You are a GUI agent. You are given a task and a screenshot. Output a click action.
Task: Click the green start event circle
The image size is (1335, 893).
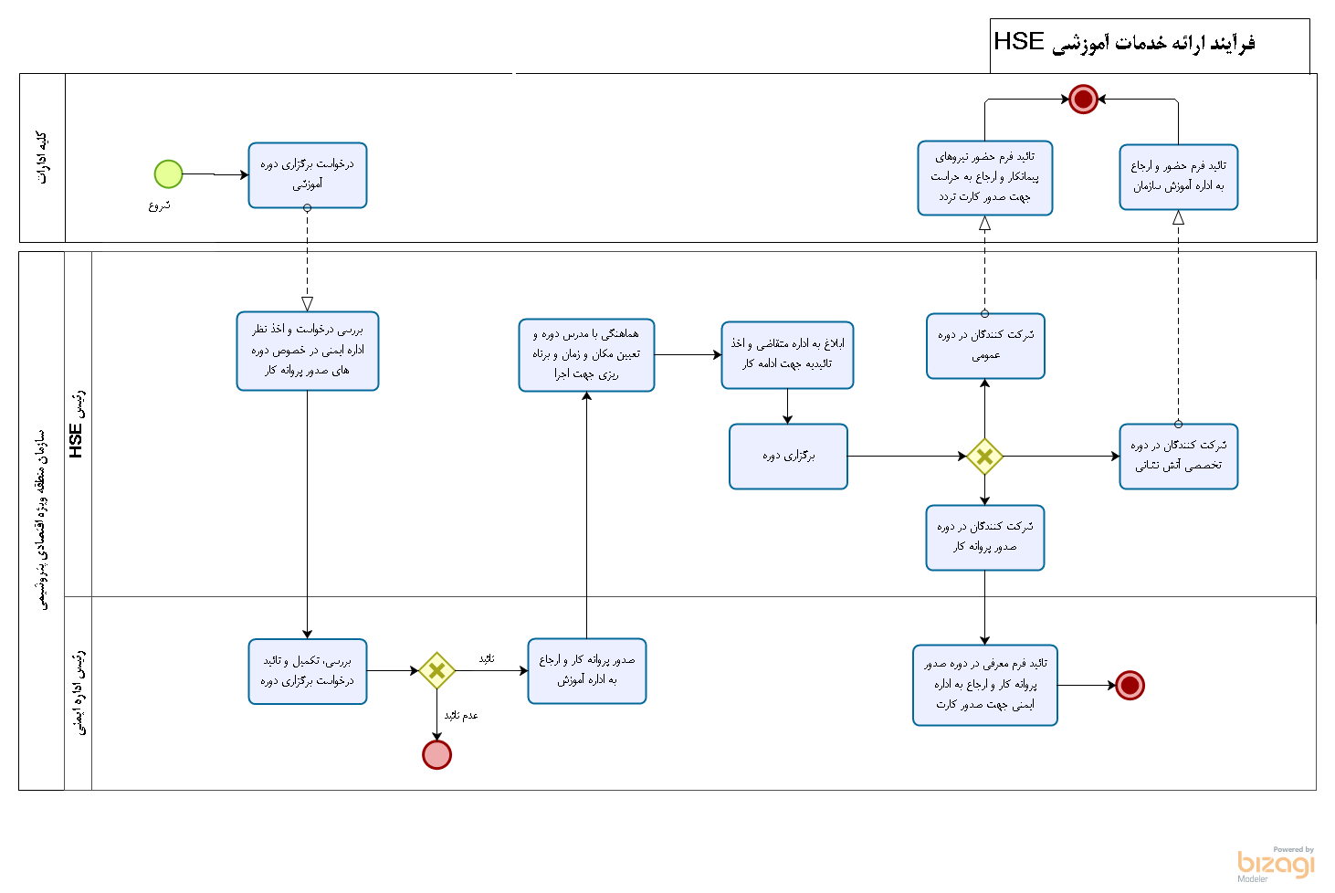pos(168,173)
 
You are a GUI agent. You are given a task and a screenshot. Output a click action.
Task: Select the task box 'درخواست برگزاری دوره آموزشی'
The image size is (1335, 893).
pos(308,175)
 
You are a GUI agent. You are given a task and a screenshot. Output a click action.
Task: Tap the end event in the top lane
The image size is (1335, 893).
pos(1083,99)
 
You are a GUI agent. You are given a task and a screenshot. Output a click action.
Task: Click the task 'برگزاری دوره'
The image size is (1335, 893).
pos(788,457)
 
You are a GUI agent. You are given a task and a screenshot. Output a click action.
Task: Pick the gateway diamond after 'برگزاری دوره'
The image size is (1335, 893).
pos(984,457)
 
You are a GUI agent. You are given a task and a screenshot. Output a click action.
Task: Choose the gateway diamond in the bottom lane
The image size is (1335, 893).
pos(436,671)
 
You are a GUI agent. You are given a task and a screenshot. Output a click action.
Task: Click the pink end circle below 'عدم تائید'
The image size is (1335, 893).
pos(436,755)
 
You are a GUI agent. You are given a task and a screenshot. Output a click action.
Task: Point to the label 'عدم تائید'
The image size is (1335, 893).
pos(461,716)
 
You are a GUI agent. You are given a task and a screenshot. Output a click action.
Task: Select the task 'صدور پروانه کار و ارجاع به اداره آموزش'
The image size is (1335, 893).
pos(587,671)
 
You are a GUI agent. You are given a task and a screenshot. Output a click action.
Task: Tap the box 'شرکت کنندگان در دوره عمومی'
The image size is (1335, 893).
pos(985,346)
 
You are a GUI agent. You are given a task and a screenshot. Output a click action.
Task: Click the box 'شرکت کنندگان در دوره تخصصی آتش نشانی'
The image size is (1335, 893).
pos(1178,457)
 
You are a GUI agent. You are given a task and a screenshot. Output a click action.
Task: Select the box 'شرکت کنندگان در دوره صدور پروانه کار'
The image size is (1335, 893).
pos(985,538)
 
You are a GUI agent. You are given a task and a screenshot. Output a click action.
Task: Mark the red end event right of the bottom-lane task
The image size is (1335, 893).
pos(1130,685)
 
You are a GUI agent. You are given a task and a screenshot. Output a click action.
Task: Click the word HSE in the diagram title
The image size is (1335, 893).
pos(1018,42)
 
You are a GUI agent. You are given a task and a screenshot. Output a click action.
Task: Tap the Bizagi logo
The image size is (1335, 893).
pos(1276,864)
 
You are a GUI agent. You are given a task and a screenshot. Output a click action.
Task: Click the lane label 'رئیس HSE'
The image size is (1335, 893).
pos(78,425)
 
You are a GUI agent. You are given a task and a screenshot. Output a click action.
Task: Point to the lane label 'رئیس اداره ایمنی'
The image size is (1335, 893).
pos(79,692)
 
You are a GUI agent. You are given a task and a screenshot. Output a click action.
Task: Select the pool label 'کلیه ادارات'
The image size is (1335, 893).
pos(42,158)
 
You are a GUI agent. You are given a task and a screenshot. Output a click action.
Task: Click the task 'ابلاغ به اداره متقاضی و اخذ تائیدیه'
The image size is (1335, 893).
pos(787,355)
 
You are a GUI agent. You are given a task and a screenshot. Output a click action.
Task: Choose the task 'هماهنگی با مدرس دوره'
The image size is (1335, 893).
pos(586,355)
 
